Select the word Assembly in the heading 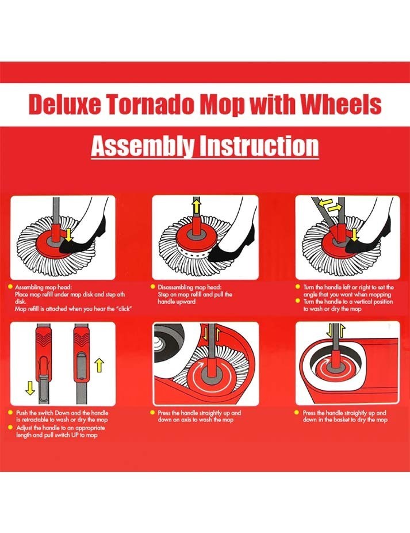click(x=143, y=146)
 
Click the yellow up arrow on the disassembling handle click(x=197, y=206)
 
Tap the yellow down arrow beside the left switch click(x=30, y=388)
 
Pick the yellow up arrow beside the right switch click(x=99, y=365)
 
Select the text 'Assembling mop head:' click(x=43, y=287)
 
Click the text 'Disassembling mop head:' click(x=190, y=287)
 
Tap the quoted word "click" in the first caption click(x=124, y=309)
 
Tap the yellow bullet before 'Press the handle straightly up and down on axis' click(x=152, y=413)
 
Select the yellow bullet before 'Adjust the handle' click(x=10, y=428)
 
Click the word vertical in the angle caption click(x=365, y=302)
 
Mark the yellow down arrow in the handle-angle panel click(x=355, y=235)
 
